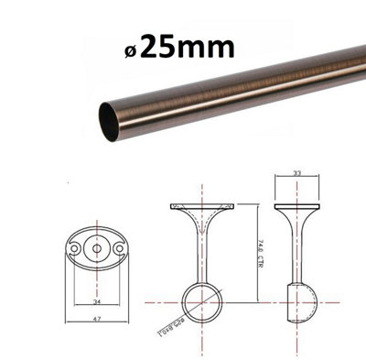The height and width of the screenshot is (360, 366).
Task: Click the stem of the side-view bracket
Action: pos(297,252)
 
